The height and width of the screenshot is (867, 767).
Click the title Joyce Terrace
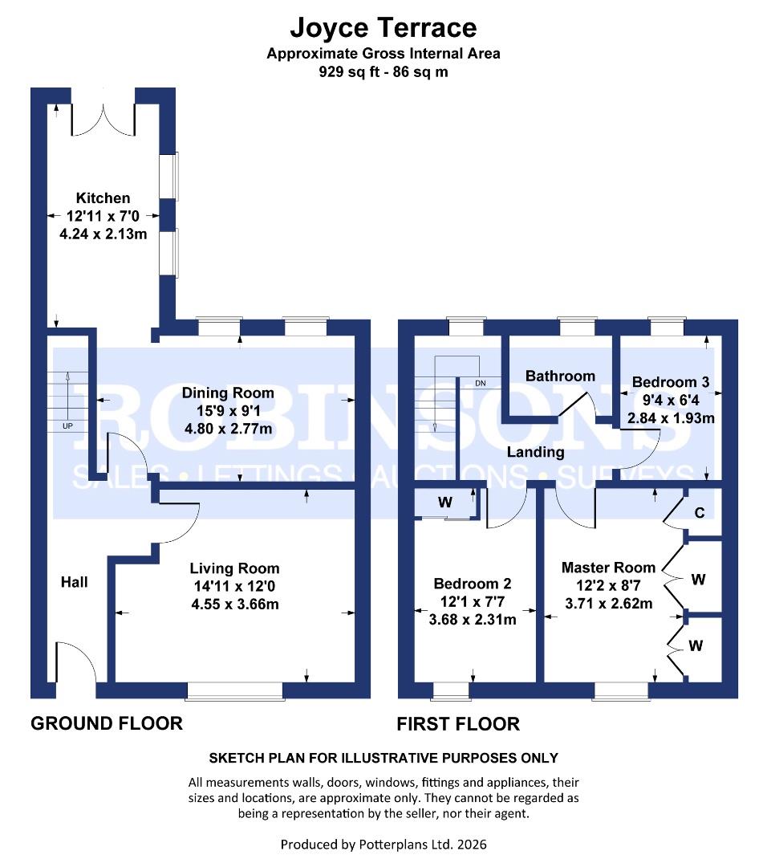[x=383, y=28]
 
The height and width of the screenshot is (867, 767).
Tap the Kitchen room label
[x=103, y=197]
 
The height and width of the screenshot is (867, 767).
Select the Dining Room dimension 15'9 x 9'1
[x=227, y=411]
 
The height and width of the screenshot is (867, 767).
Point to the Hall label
[x=74, y=581]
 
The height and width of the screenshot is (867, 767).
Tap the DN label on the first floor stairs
[x=481, y=384]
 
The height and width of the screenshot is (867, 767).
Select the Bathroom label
[x=560, y=376]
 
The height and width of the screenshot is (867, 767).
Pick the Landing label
[x=535, y=452]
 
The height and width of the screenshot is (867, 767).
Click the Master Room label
[x=608, y=568]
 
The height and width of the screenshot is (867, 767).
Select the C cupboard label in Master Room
[x=700, y=512]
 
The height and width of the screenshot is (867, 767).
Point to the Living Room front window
[x=234, y=690]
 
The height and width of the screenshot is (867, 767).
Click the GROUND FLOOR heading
[x=106, y=723]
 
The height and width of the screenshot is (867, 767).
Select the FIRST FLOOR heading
[x=458, y=724]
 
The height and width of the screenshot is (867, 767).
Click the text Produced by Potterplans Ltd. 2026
[x=383, y=845]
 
